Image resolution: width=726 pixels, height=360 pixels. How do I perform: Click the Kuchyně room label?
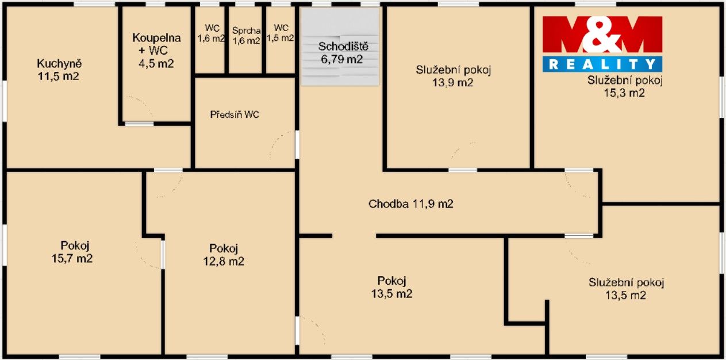59,64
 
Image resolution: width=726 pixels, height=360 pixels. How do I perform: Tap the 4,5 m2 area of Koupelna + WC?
156,64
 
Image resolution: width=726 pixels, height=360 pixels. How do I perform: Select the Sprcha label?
247,31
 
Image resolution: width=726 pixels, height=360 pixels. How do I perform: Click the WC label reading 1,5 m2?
281,33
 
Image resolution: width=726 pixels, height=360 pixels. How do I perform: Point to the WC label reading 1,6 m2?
212,33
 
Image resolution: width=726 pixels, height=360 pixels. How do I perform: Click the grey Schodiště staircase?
340,47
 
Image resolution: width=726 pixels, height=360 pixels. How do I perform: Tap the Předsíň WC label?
235,114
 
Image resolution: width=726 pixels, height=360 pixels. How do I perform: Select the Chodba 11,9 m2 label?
410,204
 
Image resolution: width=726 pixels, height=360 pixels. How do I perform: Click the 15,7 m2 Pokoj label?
72,252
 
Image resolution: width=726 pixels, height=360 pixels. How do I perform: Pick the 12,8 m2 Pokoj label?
224,255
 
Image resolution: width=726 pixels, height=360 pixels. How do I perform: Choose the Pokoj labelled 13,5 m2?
391,287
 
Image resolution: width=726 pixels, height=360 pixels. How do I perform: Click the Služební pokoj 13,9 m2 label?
454,76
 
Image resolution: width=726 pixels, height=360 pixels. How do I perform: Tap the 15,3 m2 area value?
624,93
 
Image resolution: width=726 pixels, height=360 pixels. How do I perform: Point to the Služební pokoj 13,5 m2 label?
626,289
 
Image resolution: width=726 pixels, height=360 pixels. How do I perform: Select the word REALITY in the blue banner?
602,64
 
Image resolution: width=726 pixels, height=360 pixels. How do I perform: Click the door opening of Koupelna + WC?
139,124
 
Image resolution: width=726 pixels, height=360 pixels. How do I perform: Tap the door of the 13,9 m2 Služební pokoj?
463,170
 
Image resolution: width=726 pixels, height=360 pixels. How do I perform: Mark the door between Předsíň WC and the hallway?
297,145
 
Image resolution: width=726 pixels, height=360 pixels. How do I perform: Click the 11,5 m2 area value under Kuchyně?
58,76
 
